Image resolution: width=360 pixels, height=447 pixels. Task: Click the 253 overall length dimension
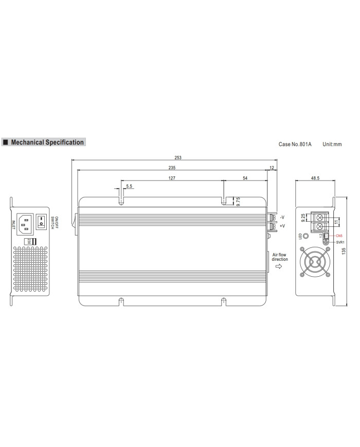click(x=178, y=157)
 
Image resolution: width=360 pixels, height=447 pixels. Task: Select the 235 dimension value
click(x=172, y=168)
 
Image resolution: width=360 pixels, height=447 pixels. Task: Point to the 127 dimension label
click(x=172, y=178)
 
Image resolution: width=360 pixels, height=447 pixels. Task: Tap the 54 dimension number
click(x=245, y=178)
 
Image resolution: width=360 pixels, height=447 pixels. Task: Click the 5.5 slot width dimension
click(x=129, y=186)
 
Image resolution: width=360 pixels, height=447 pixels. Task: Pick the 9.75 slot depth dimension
click(x=238, y=201)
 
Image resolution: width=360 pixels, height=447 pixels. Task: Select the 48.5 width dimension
click(x=315, y=178)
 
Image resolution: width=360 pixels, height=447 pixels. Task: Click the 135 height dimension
click(x=344, y=251)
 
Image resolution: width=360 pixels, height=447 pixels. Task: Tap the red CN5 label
click(x=339, y=236)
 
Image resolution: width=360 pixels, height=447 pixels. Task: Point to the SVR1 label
click(x=340, y=242)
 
